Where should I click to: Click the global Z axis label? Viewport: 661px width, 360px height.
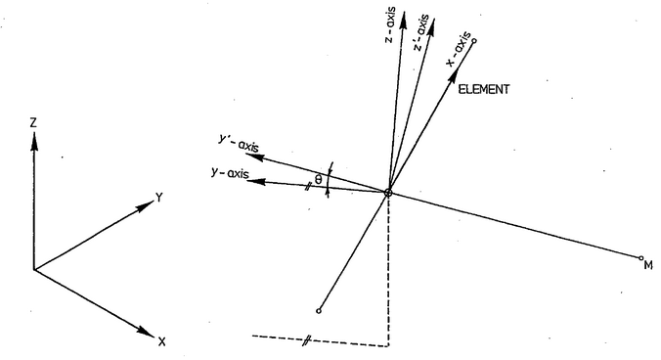(x=33, y=123)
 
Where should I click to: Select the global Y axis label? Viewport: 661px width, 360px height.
(x=157, y=198)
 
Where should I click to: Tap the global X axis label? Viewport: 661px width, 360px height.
(x=160, y=341)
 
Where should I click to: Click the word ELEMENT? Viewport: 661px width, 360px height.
(x=483, y=89)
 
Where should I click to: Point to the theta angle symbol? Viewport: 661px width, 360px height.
(x=318, y=179)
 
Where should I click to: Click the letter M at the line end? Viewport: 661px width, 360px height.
(x=646, y=263)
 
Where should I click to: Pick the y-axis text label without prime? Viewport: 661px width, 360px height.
(x=231, y=175)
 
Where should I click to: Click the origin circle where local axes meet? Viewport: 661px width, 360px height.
(x=388, y=193)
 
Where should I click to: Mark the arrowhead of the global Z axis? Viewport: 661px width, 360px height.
(x=33, y=140)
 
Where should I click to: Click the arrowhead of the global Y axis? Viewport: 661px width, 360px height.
(x=143, y=206)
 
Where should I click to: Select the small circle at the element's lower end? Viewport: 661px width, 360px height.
(x=320, y=312)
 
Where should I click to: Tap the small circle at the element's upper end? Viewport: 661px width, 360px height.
(x=473, y=41)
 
